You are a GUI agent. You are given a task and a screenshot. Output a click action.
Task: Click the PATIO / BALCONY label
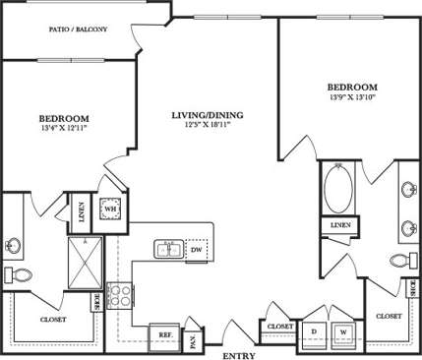point(78,30)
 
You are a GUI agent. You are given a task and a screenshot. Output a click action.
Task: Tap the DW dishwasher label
point(196,249)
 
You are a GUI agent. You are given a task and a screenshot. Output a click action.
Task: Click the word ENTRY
point(238,354)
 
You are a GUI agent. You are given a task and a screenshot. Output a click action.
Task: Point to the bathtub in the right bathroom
point(335,193)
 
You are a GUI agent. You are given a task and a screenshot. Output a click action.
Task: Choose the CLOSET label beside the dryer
point(280,326)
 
